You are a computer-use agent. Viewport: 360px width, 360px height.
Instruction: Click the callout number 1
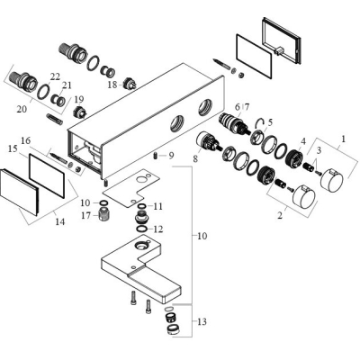click(x=344, y=139)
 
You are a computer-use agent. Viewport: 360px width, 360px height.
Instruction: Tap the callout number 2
click(x=280, y=215)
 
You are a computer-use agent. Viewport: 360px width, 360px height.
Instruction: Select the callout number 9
click(x=171, y=156)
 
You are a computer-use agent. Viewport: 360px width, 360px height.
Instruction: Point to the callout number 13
click(x=202, y=322)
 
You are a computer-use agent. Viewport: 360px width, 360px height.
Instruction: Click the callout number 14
click(x=59, y=222)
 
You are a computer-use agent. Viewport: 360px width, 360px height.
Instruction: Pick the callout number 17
click(x=85, y=215)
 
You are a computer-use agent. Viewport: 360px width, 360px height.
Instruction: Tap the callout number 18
click(x=112, y=85)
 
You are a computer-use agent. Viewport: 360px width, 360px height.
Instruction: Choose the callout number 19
click(x=79, y=99)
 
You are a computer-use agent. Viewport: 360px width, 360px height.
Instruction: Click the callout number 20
click(x=22, y=109)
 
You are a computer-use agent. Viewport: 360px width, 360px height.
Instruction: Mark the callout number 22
click(x=55, y=76)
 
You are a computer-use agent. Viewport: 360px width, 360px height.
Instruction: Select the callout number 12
click(x=158, y=229)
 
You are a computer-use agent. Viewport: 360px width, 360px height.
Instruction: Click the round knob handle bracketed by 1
click(x=333, y=179)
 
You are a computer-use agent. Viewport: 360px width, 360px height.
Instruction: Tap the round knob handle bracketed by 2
click(x=304, y=198)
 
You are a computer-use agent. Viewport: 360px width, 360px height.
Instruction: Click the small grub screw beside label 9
click(x=156, y=156)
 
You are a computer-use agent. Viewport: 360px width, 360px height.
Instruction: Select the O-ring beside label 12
click(x=141, y=229)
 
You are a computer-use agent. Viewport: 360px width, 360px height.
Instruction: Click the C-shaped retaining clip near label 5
click(x=260, y=122)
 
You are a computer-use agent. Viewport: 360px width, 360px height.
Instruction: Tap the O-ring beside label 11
click(x=141, y=206)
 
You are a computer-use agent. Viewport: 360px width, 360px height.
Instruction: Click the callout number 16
click(x=26, y=140)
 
